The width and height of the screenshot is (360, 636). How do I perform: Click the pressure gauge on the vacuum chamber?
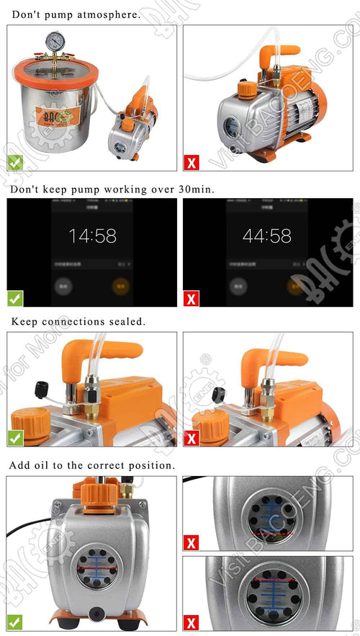(54, 41)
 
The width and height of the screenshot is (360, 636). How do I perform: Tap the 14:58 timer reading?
(92, 236)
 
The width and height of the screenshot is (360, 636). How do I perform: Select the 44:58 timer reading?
(267, 236)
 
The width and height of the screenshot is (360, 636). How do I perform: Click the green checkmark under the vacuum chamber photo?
(15, 163)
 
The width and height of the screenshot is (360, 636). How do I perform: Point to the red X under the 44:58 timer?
(192, 297)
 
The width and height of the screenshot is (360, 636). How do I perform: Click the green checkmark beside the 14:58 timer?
(15, 297)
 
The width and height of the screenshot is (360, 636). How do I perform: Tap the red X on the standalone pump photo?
(192, 163)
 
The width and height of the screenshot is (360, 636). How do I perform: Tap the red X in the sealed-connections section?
(192, 436)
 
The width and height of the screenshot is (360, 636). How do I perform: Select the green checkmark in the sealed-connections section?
(15, 436)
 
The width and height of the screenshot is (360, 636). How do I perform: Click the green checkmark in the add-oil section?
(15, 622)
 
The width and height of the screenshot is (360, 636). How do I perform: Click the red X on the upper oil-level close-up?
(192, 542)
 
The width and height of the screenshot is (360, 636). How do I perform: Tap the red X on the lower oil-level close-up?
(192, 622)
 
